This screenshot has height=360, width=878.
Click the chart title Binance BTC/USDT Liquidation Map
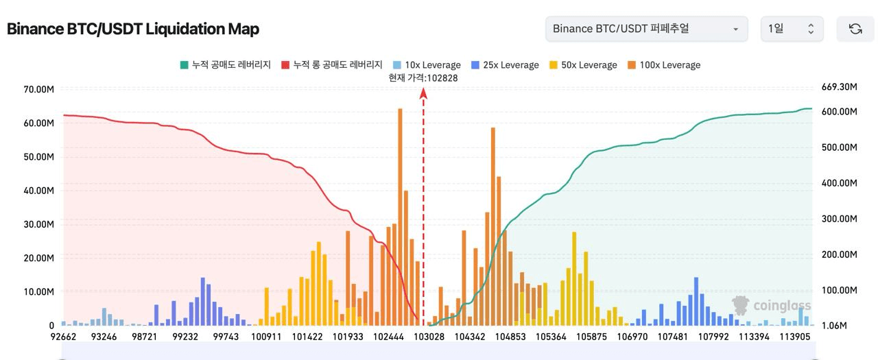pyautogui.click(x=132, y=29)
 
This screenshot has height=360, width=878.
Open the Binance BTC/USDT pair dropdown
pyautogui.click(x=645, y=29)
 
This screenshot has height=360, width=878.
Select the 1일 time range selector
pyautogui.click(x=791, y=29)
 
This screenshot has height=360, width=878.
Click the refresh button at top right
pyautogui.click(x=855, y=29)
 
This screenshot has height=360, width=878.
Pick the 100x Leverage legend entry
pyautogui.click(x=663, y=65)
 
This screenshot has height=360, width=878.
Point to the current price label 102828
pyautogui.click(x=423, y=78)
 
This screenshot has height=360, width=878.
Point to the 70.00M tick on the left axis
pyautogui.click(x=38, y=89)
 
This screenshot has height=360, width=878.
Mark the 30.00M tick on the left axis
pyautogui.click(x=38, y=224)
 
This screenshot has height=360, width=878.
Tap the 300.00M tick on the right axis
pyautogui.click(x=840, y=219)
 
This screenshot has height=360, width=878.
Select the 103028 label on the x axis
pyautogui.click(x=430, y=337)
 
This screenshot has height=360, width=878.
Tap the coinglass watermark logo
pyautogui.click(x=772, y=306)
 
